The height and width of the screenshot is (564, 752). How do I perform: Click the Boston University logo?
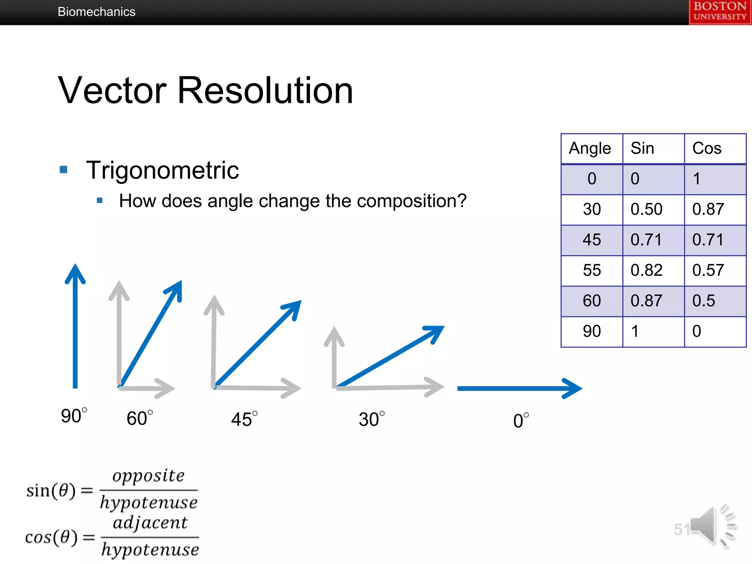coord(720,12)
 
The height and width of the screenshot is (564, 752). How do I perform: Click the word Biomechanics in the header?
coord(97,12)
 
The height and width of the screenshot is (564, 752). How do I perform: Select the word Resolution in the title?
coord(265,91)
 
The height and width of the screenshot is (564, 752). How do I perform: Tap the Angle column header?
coord(590,148)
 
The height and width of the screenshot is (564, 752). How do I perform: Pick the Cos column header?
coord(707,148)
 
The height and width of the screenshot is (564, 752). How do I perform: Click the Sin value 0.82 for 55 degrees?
coord(646,270)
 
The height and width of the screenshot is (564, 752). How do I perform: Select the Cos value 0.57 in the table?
coord(708,270)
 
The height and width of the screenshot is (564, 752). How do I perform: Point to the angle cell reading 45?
coord(592,240)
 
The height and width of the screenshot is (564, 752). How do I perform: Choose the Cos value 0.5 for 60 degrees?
coord(704,301)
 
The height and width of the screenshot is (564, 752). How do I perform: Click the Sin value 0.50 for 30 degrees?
coord(646,209)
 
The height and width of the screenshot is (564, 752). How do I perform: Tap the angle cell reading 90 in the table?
coord(592,331)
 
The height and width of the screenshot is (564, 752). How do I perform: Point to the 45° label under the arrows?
coord(244,419)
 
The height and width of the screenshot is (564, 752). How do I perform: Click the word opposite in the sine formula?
coord(148,476)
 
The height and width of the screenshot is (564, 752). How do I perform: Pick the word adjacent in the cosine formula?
coord(150,523)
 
